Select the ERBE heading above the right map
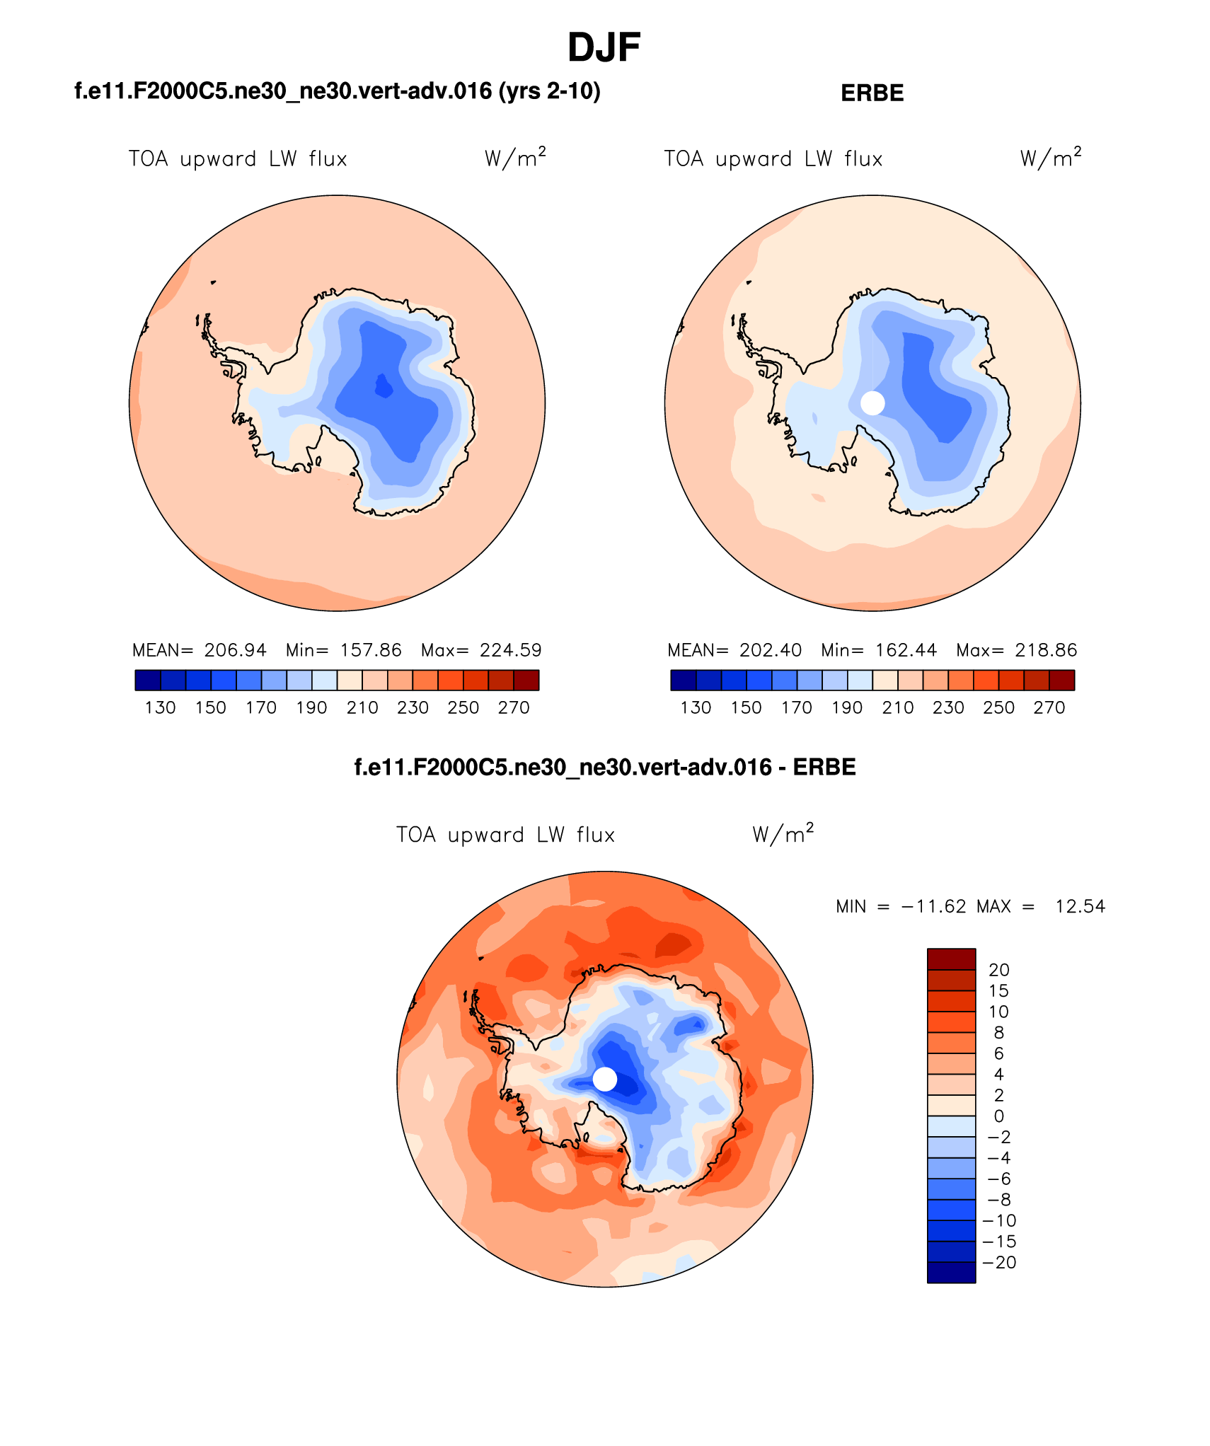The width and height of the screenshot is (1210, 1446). tap(872, 93)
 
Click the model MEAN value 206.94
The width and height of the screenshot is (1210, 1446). tap(235, 650)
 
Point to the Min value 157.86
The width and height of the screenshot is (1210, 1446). tap(370, 650)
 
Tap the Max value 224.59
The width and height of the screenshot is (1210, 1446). tap(510, 650)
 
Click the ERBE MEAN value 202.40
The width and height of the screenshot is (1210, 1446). tap(771, 650)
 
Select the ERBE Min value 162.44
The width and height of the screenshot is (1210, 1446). tap(906, 650)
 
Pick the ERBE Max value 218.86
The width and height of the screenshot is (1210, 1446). tap(1046, 650)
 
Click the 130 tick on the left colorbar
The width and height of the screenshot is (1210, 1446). tap(161, 708)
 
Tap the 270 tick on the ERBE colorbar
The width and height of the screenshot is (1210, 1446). tap(1049, 708)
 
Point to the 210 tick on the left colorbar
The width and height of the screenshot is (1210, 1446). tap(362, 708)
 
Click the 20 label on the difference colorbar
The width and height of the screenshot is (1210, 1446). tap(998, 970)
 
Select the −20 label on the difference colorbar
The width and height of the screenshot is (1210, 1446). tap(999, 1263)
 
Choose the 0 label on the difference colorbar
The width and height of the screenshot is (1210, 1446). tap(998, 1116)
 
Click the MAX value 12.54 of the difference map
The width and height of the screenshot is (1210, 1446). tap(1080, 907)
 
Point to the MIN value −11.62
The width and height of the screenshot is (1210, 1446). tap(933, 907)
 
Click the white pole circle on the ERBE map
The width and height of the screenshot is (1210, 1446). tap(872, 403)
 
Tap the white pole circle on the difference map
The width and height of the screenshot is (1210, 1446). tap(604, 1079)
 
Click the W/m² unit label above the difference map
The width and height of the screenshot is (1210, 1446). tap(783, 834)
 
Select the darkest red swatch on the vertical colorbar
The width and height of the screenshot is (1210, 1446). tap(951, 959)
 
